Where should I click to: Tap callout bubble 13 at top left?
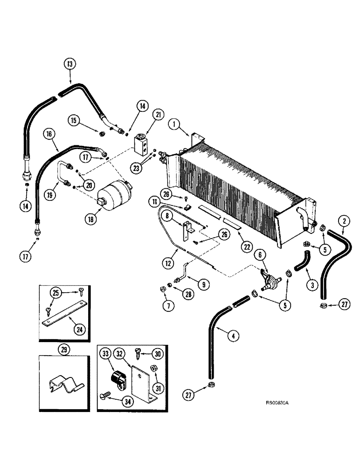coord(69,64)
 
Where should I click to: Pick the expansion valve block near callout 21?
coord(141,142)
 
